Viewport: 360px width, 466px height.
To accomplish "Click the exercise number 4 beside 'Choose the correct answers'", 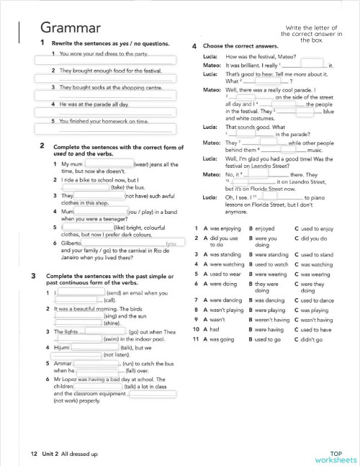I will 195,47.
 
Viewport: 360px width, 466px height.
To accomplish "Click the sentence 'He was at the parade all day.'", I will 94,104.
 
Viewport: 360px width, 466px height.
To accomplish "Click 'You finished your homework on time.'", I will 104,120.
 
